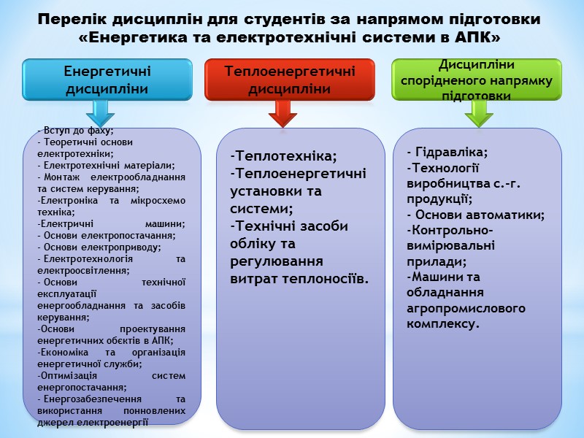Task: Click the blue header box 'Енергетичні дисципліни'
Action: (x=107, y=80)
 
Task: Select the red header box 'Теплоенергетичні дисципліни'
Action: (x=290, y=80)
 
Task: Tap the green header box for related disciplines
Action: (x=476, y=80)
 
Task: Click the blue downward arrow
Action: (x=100, y=112)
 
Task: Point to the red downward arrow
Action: (x=283, y=112)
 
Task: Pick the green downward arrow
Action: (x=479, y=112)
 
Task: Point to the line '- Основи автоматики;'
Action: (x=476, y=215)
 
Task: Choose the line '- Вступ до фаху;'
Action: (x=75, y=131)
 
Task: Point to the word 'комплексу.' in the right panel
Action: (x=443, y=323)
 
